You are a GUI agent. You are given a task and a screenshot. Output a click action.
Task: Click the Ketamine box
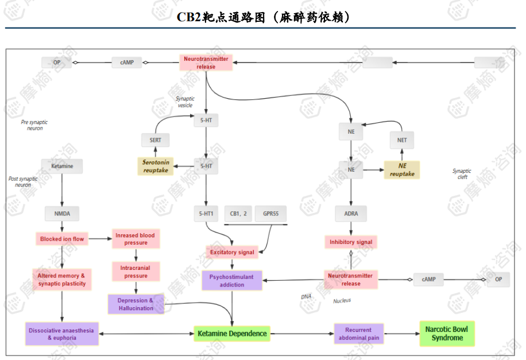click(62, 166)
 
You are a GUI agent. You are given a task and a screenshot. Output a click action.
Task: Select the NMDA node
click(62, 214)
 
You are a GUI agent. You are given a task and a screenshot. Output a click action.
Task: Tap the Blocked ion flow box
click(62, 239)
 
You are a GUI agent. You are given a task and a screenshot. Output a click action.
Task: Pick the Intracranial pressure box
click(136, 272)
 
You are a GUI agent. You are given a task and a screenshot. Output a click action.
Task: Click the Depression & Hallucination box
click(136, 304)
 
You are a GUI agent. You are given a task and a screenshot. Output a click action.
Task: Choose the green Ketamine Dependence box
click(232, 333)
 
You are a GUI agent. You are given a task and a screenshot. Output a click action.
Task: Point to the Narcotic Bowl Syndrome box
click(447, 334)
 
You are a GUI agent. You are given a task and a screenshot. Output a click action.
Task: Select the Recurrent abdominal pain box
click(358, 334)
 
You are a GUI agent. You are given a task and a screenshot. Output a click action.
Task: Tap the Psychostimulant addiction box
click(231, 280)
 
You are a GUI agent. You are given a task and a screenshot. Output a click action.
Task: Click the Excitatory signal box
click(232, 252)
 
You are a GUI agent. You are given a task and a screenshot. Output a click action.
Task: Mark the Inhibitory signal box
click(351, 242)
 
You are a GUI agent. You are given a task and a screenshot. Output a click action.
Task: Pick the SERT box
click(156, 140)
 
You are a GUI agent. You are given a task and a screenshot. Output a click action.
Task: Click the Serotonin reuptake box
click(155, 167)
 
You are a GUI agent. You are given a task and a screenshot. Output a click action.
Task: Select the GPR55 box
click(271, 214)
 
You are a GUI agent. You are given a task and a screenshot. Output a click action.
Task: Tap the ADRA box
click(351, 214)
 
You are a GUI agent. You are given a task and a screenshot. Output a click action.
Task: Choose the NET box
click(402, 140)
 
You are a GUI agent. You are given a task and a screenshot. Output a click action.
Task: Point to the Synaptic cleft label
click(462, 174)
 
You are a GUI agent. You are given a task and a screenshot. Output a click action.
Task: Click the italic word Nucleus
click(342, 300)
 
